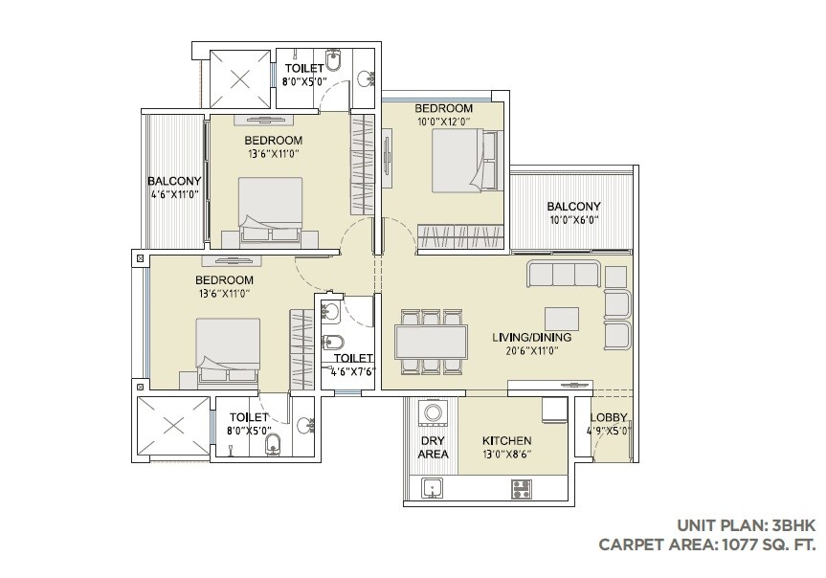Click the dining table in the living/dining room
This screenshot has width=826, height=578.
pyautogui.click(x=431, y=341)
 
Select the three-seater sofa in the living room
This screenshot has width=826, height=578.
pyautogui.click(x=563, y=275)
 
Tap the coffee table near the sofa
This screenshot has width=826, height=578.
pyautogui.click(x=561, y=318)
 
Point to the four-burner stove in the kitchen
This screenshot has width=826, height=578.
pyautogui.click(x=523, y=488)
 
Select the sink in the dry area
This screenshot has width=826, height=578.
pyautogui.click(x=434, y=488)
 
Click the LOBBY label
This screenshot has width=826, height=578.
pyautogui.click(x=609, y=417)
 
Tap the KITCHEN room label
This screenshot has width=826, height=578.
pyautogui.click(x=506, y=441)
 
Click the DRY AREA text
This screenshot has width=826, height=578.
pyautogui.click(x=433, y=447)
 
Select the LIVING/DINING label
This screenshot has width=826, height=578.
pyautogui.click(x=531, y=338)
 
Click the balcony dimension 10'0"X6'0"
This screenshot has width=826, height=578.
pyautogui.click(x=572, y=219)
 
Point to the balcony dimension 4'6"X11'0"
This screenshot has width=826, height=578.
pyautogui.click(x=173, y=194)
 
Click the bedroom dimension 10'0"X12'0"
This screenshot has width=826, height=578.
pyautogui.click(x=444, y=122)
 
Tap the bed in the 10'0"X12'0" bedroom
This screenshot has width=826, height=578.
pyautogui.click(x=458, y=161)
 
